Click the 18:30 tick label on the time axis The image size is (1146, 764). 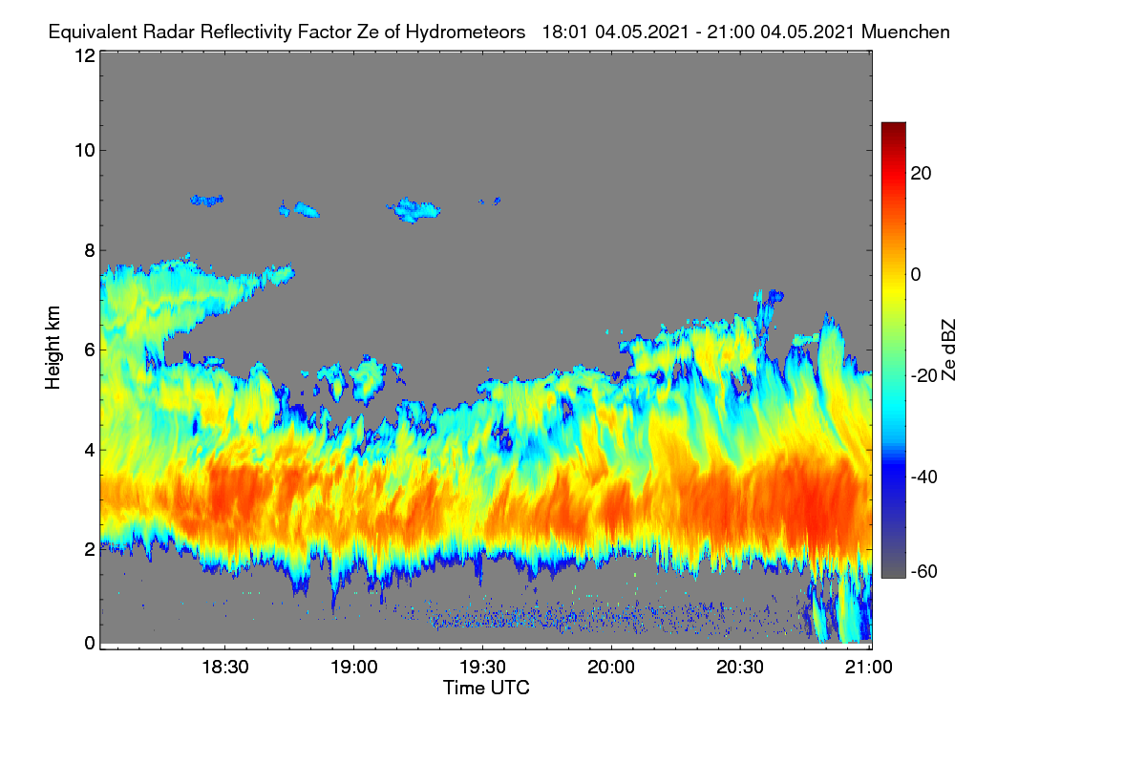(x=225, y=668)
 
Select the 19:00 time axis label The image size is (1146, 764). (x=354, y=668)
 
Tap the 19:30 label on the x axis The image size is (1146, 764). (x=482, y=668)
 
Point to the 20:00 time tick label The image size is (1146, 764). (x=611, y=668)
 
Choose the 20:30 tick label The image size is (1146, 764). (x=740, y=668)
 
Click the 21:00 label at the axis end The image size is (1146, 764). (x=869, y=668)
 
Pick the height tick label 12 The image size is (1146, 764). (x=85, y=55)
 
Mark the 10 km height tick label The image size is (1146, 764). (x=85, y=151)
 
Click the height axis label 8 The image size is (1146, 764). (x=90, y=251)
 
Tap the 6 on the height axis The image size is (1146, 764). (x=90, y=350)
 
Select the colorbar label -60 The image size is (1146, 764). (x=924, y=572)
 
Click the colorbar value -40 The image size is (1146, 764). (x=924, y=477)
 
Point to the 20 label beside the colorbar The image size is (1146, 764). (x=921, y=174)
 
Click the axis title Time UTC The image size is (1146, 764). (x=486, y=688)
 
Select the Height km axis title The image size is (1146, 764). (x=53, y=348)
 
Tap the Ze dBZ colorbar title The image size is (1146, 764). (x=948, y=350)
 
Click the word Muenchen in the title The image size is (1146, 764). (x=905, y=32)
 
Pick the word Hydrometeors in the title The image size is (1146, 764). (x=465, y=32)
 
